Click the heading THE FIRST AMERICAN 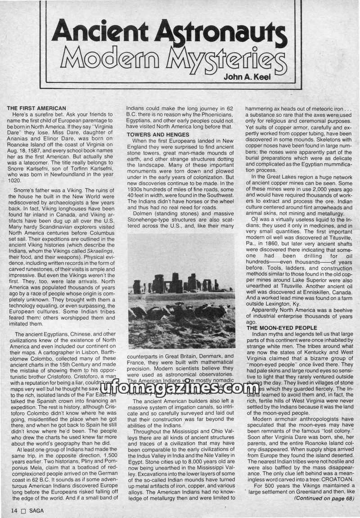[x=37, y=108]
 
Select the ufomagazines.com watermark [x=180, y=387]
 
